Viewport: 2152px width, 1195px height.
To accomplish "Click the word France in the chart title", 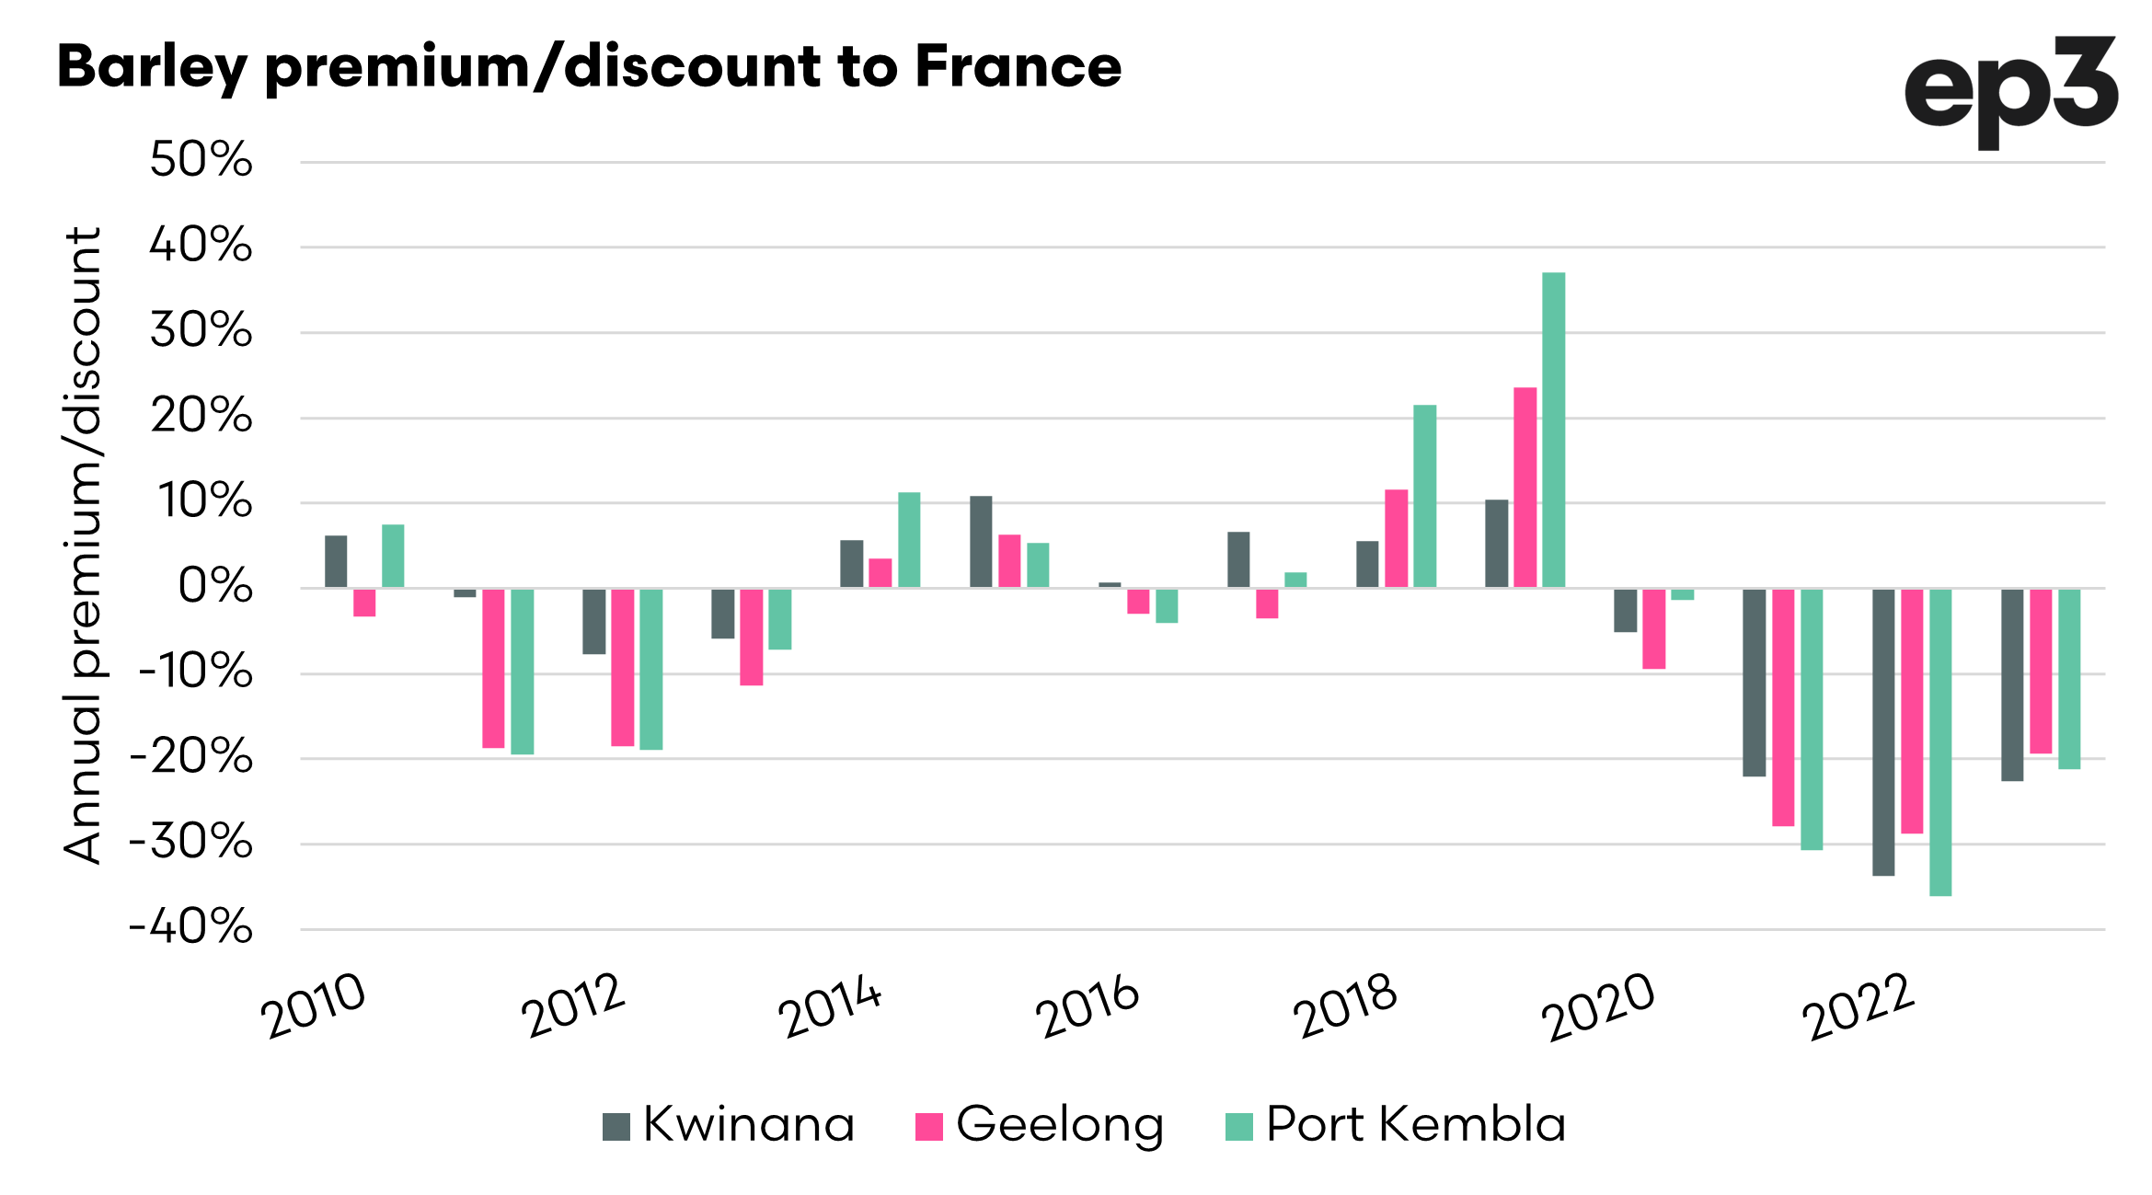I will pos(1018,67).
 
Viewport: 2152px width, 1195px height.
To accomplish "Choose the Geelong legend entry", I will pos(1040,1124).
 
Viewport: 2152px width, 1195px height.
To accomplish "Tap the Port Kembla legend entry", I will pos(1395,1124).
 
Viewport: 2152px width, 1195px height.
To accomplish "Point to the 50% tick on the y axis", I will pos(201,160).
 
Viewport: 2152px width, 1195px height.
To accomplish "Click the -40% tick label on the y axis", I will pos(191,927).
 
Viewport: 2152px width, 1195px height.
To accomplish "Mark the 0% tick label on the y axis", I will pos(215,587).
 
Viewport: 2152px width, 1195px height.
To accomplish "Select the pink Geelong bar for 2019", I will pos(1525,488).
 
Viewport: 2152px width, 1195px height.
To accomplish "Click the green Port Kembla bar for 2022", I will pos(1940,741).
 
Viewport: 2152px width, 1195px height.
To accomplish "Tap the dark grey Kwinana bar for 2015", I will pos(981,542).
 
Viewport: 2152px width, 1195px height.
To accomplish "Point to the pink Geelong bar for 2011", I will pos(493,668).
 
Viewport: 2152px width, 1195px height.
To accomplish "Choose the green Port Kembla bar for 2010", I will pos(393,556).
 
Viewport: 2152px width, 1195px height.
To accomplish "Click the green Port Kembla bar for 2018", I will pos(1424,496).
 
